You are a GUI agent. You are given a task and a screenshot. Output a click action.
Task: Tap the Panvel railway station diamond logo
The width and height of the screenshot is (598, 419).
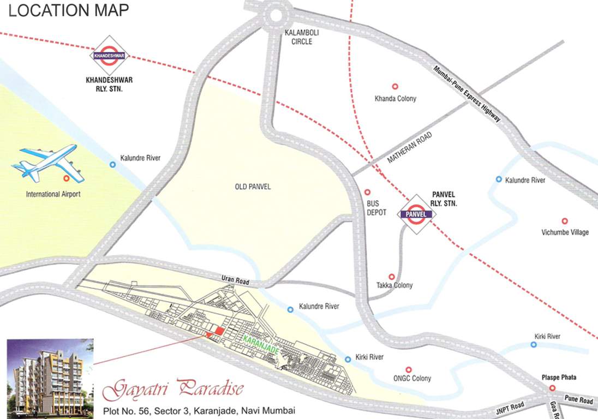pyautogui.click(x=417, y=214)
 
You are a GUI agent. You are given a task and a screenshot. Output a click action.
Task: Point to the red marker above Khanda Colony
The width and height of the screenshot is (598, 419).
pyautogui.click(x=395, y=86)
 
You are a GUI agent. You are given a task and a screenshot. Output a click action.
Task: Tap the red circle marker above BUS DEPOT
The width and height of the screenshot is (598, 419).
pyautogui.click(x=367, y=192)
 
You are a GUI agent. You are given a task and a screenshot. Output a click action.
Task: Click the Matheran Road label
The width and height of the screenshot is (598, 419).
pyautogui.click(x=409, y=148)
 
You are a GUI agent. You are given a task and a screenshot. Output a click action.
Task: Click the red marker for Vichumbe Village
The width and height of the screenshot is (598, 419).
pyautogui.click(x=565, y=221)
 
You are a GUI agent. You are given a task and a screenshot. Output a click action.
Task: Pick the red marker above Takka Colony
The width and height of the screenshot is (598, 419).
pyautogui.click(x=391, y=277)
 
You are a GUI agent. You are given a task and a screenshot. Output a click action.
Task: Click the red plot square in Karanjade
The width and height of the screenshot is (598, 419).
pyautogui.click(x=218, y=331)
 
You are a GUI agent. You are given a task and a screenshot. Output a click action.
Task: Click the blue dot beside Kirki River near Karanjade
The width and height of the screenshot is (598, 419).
pyautogui.click(x=348, y=358)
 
